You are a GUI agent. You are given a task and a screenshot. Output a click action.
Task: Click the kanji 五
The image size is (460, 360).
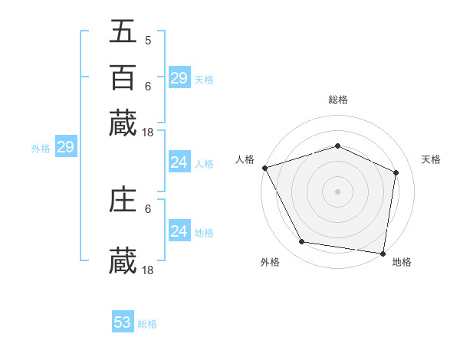tap(123, 31)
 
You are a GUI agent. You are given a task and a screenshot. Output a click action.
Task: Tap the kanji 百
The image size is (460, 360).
tap(123, 77)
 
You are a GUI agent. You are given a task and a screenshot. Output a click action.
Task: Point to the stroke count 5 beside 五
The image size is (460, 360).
tap(147, 40)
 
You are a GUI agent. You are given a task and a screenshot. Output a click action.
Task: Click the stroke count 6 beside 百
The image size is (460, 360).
tap(147, 86)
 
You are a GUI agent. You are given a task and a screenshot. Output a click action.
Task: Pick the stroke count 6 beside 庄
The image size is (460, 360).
tap(147, 208)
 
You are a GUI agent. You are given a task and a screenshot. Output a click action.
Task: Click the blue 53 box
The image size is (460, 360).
tap(123, 322)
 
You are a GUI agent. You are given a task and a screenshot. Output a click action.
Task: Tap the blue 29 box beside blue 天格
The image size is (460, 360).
tap(179, 78)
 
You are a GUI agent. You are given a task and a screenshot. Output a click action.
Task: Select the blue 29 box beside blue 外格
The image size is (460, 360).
tap(65, 148)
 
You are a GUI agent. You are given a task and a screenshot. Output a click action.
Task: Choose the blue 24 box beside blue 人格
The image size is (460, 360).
tap(179, 162)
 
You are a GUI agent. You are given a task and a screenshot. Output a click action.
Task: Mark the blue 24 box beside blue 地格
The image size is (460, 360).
tap(179, 231)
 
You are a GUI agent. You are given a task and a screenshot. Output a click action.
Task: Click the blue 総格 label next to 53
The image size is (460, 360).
tap(147, 324)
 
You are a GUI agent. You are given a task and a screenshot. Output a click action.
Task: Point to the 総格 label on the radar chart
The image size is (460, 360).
tap(337, 100)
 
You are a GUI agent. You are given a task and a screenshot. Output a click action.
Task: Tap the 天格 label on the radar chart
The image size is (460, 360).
tap(431, 159)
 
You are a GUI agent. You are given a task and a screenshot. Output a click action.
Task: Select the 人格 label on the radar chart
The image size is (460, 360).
tap(245, 159)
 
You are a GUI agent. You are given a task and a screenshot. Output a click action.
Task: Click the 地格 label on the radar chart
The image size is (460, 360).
tap(402, 263)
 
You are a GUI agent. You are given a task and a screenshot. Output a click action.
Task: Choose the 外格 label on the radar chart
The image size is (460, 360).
tap(270, 263)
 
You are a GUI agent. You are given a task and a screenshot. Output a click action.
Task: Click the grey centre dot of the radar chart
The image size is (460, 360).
tap(337, 191)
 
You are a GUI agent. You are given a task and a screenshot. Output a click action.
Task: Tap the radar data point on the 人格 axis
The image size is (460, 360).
tap(264, 168)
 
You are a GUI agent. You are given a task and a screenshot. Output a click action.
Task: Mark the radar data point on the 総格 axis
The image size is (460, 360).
tap(337, 146)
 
